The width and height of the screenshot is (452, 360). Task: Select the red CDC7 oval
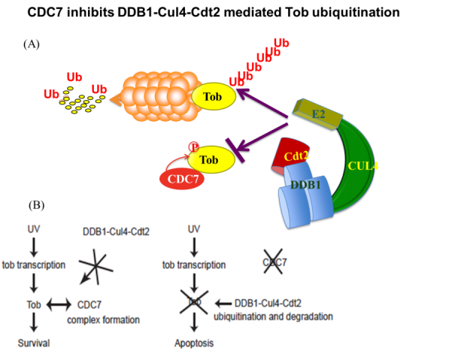pos(180,179)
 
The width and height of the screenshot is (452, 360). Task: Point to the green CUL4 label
pos(362,165)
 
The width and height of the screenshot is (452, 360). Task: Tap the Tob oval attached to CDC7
pos(209,159)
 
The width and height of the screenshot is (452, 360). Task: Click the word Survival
pos(33,343)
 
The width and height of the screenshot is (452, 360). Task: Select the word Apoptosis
pos(194,343)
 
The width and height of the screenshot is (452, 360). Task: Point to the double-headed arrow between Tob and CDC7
pos(59,304)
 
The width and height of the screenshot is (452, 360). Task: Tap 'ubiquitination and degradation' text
pos(284,316)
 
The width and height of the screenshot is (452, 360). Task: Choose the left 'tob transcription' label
pos(34,265)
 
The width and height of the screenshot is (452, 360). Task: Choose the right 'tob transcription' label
pos(194,265)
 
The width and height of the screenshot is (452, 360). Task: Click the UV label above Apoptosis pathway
pos(194,228)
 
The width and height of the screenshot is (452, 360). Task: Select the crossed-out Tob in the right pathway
pos(195,302)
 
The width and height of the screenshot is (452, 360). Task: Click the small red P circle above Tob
pos(193,146)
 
